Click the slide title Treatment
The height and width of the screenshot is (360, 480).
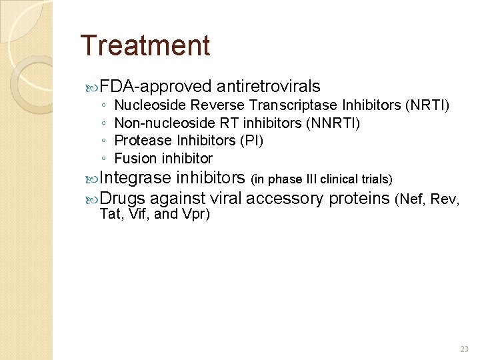[145, 46]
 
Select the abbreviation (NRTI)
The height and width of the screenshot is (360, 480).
[427, 105]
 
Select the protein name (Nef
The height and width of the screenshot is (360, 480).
[411, 199]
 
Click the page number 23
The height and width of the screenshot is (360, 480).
[464, 349]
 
